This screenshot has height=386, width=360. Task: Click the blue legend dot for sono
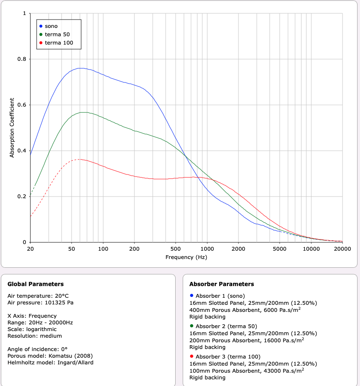click(x=41, y=26)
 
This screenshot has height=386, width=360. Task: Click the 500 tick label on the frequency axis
click(x=176, y=249)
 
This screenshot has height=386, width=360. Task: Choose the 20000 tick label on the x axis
click(x=342, y=249)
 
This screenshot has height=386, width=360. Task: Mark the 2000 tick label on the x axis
click(x=238, y=249)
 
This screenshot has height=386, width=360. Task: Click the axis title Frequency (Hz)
click(x=186, y=257)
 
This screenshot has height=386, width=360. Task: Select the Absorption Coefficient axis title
click(x=12, y=127)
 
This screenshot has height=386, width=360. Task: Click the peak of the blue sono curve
click(x=81, y=68)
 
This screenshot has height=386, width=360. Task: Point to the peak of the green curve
click(x=84, y=112)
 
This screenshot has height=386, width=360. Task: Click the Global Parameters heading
click(x=36, y=284)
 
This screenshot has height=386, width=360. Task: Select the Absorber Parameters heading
click(x=221, y=284)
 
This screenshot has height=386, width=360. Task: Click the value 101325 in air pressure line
click(x=55, y=302)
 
